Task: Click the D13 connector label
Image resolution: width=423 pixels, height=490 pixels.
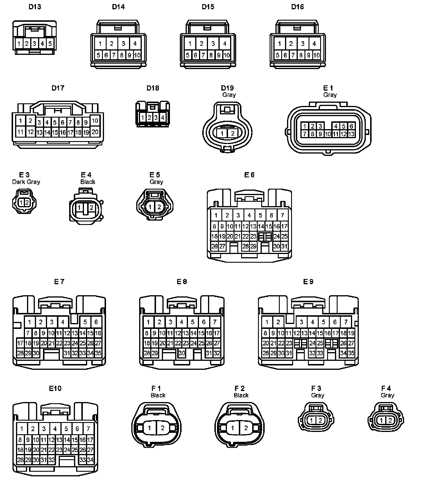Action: point(35,7)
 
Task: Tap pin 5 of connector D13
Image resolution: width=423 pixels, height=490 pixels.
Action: point(50,44)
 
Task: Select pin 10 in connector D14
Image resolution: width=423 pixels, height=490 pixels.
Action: point(137,55)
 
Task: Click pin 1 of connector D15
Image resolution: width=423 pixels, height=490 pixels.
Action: point(190,44)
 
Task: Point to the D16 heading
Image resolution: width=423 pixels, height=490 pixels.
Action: point(297,7)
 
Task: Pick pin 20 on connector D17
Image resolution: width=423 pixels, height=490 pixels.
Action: point(95,132)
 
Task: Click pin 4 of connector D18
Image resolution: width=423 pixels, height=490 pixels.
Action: point(163,118)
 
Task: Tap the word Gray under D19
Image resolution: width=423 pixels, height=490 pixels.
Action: point(229,95)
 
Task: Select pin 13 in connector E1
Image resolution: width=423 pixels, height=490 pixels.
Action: point(351,134)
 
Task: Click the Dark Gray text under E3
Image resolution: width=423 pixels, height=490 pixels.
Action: point(26,182)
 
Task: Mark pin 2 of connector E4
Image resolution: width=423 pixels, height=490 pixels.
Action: point(91,208)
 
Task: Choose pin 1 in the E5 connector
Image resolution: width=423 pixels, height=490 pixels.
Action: point(150,207)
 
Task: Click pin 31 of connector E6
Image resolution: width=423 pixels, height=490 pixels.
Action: point(284,246)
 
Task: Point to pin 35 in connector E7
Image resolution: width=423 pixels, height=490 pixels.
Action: point(98,353)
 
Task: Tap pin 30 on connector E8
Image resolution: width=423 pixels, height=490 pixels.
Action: point(182,353)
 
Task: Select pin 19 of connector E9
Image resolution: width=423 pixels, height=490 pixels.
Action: point(351,333)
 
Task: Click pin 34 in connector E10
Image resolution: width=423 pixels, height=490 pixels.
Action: point(90,460)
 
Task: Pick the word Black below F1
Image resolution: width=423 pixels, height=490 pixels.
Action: point(158,395)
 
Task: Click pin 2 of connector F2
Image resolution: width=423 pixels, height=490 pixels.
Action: point(246,428)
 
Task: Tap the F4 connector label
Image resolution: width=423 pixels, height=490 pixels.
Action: point(386,388)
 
